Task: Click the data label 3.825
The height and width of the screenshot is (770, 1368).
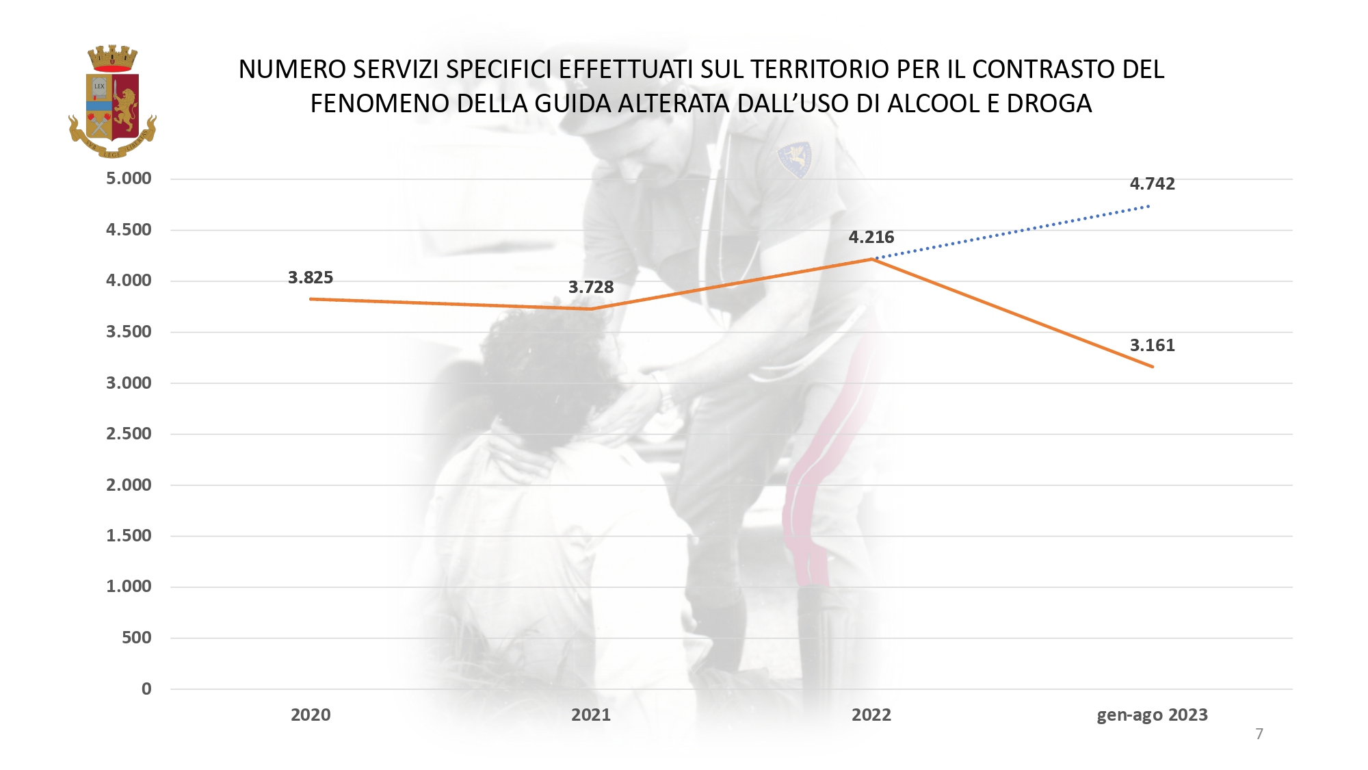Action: (311, 277)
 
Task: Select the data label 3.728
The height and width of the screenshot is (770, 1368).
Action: (591, 287)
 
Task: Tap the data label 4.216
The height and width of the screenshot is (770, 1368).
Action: (871, 237)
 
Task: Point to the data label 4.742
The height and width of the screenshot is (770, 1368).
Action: (1152, 183)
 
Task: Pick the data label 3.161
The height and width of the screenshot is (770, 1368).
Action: (1152, 345)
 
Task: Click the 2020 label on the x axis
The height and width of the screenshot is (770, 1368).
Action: (311, 715)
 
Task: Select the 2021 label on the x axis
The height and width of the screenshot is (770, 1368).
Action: (591, 715)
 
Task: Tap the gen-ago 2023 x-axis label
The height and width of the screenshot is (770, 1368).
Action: (1152, 715)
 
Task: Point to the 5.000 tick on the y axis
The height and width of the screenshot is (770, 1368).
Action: (129, 179)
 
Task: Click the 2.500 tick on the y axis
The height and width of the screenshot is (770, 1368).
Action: (129, 433)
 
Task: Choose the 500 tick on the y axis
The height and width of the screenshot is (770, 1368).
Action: (136, 637)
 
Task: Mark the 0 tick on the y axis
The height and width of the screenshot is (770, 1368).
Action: (146, 689)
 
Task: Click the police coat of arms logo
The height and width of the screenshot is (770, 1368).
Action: (113, 101)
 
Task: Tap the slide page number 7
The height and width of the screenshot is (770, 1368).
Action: (1259, 734)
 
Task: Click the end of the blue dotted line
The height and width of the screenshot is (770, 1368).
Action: (1149, 205)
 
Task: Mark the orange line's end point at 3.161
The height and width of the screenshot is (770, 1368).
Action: (1153, 367)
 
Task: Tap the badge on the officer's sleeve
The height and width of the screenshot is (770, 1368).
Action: (795, 159)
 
